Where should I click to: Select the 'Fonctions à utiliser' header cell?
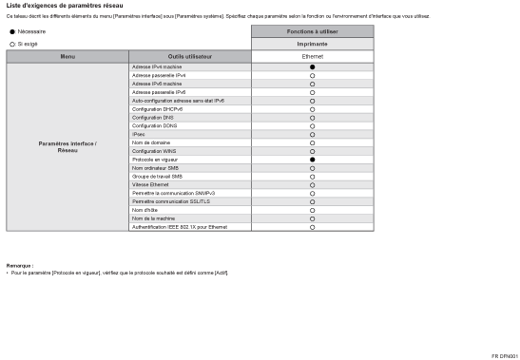point(312,31)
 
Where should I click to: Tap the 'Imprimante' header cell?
point(312,44)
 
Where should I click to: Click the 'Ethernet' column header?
point(312,56)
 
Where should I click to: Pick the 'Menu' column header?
point(67,56)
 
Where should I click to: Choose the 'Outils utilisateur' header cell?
point(190,56)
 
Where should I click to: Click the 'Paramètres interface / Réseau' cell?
point(67,147)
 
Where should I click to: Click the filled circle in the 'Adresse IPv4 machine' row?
point(312,67)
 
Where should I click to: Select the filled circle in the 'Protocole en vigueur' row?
point(312,160)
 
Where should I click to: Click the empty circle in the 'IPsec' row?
point(312,135)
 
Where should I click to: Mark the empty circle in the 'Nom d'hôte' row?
point(312,210)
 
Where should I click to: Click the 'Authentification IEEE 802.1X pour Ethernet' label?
point(180,227)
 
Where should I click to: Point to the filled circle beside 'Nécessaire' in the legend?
point(12,31)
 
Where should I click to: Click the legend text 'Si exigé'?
point(27,44)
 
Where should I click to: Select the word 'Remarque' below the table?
point(19,265)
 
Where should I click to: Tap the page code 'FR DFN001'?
point(504,355)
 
